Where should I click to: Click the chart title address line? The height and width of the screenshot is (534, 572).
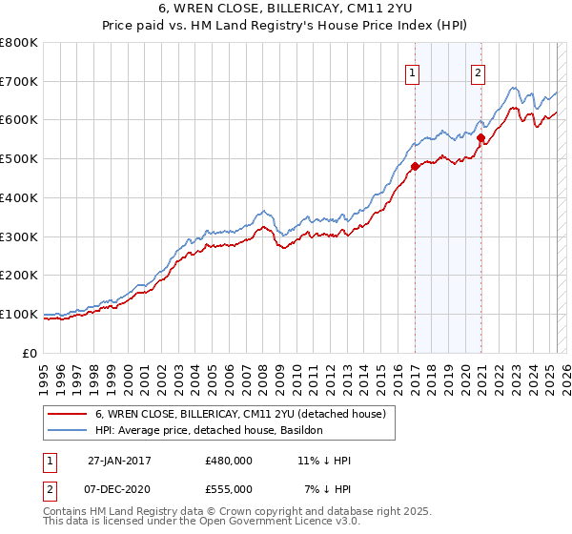click(x=287, y=10)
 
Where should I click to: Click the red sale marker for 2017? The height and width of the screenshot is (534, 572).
click(x=415, y=167)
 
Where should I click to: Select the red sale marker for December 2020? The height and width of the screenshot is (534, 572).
click(x=481, y=137)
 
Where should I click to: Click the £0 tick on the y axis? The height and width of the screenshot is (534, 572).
click(x=31, y=353)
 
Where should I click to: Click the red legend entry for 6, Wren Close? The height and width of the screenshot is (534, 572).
click(x=239, y=415)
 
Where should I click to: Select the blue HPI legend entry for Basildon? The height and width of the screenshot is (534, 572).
click(x=209, y=431)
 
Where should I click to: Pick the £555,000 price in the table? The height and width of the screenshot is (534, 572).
click(x=229, y=488)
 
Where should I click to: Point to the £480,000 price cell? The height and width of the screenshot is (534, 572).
click(x=229, y=460)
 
